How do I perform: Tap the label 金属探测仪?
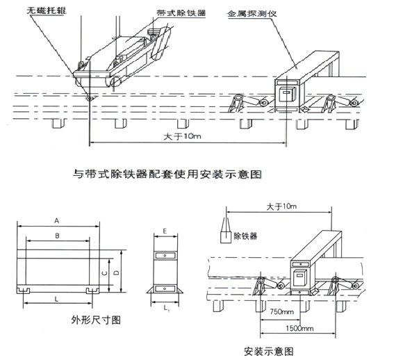(251, 13)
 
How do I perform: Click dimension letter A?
(58, 219)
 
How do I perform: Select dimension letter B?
(58, 236)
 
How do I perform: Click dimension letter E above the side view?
(164, 230)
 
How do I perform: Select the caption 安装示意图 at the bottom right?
(269, 351)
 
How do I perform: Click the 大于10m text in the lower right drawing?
(282, 206)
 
